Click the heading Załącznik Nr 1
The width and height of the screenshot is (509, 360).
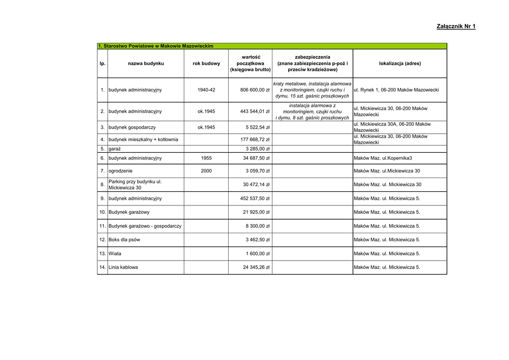click(x=456, y=26)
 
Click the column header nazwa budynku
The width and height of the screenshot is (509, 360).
click(x=146, y=64)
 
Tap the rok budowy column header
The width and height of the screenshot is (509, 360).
click(x=206, y=64)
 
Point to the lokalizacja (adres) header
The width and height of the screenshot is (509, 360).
click(x=400, y=64)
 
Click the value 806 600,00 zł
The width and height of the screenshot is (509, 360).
click(x=254, y=90)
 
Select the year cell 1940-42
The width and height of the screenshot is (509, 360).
click(x=206, y=90)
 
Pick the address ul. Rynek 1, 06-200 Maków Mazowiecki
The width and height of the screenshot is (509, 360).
click(x=396, y=90)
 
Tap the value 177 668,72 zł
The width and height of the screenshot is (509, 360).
click(x=254, y=139)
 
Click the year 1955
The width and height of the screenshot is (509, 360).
click(x=206, y=158)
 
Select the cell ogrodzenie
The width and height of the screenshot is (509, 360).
click(x=122, y=171)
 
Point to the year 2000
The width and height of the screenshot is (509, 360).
click(x=206, y=171)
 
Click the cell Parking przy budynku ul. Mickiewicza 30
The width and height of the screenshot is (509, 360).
click(x=135, y=185)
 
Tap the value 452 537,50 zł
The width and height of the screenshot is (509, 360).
click(x=254, y=198)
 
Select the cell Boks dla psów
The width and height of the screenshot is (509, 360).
click(x=124, y=240)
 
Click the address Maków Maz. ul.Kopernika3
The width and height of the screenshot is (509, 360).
click(x=383, y=158)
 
